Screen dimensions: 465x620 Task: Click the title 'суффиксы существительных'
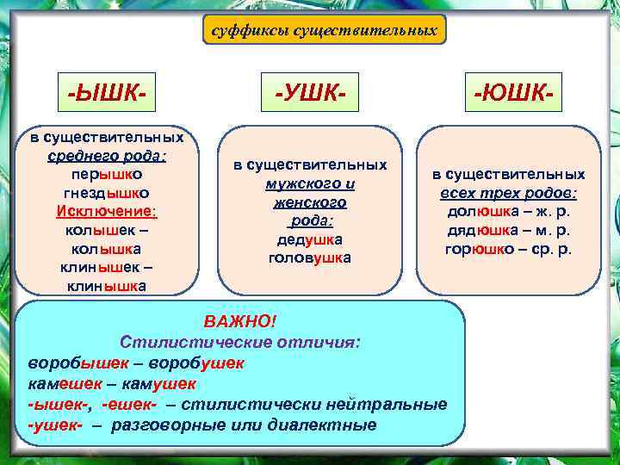pos(324,31)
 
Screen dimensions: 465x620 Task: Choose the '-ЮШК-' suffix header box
pos(512,91)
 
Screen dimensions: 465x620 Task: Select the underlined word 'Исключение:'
pos(108,211)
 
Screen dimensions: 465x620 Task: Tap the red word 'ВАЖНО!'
pos(240,321)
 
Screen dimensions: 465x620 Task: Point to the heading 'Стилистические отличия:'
pos(240,342)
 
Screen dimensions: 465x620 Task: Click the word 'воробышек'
pos(69,363)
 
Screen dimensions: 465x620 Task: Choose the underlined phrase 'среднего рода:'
pos(108,155)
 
